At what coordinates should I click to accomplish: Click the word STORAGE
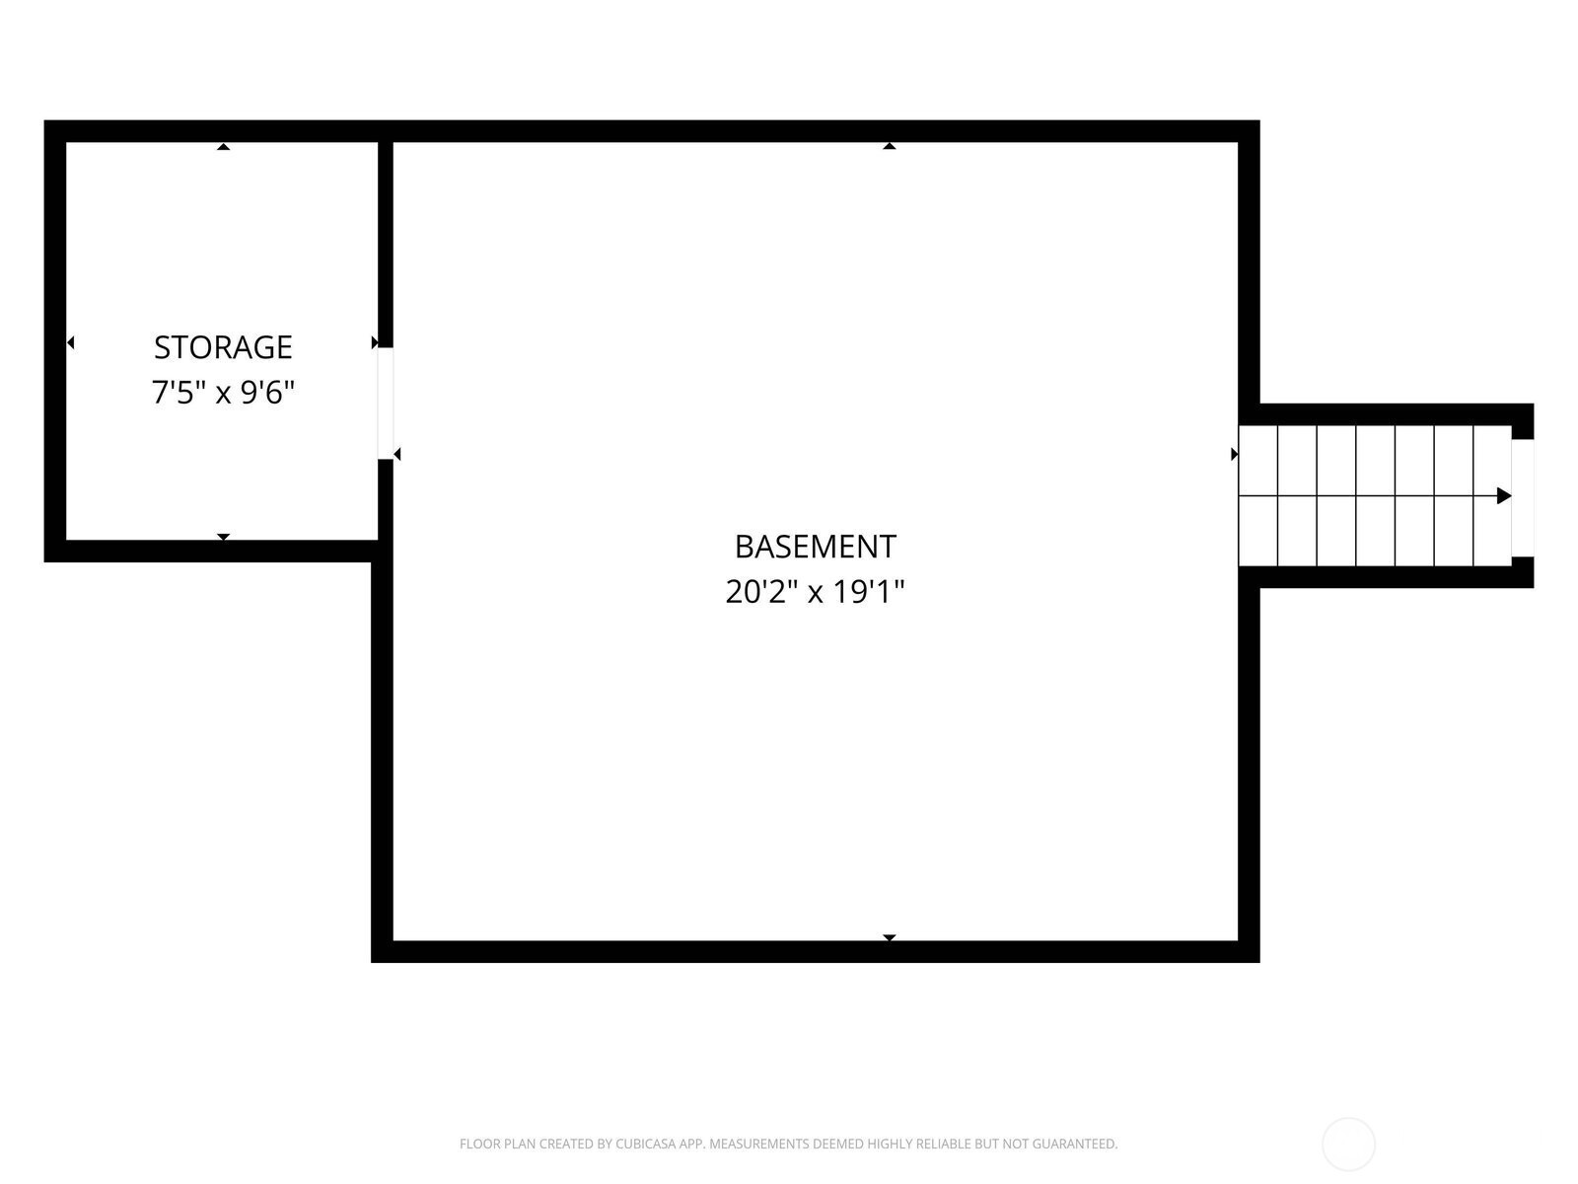[x=223, y=347]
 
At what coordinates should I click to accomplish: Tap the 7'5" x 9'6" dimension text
[x=223, y=393]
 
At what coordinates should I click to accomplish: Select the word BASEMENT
[x=816, y=547]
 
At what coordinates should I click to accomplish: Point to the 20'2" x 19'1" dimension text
[x=816, y=592]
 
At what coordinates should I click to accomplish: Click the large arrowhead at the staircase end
[x=1504, y=495]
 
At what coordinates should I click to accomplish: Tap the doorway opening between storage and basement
[x=386, y=403]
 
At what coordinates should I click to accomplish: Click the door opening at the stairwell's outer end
[x=1523, y=497]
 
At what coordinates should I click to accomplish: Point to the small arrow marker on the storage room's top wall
[x=224, y=147]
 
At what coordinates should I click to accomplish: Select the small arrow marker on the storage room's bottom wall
[x=224, y=537]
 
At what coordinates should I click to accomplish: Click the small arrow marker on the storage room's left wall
[x=70, y=342]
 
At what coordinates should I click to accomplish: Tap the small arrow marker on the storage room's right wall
[x=375, y=342]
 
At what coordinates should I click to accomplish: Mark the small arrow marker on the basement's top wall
[x=890, y=146]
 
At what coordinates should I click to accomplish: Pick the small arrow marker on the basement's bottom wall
[x=890, y=937]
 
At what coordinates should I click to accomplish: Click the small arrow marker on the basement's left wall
[x=396, y=454]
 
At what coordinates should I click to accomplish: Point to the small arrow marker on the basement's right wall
[x=1235, y=454]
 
